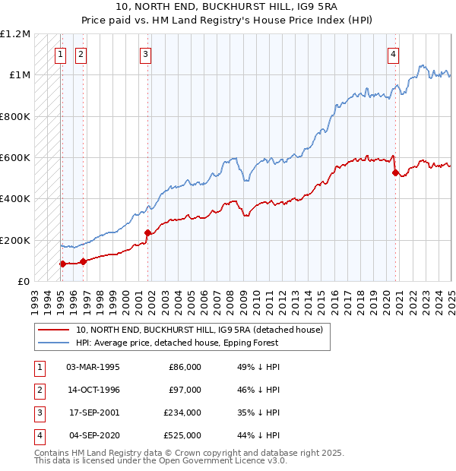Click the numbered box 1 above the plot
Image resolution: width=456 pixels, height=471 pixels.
(60, 54)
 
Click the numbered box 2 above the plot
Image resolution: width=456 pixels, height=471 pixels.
(81, 54)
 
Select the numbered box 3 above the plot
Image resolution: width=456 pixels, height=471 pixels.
(145, 54)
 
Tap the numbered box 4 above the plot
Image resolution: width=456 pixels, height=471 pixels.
(393, 54)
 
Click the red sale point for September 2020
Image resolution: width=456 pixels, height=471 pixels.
(395, 172)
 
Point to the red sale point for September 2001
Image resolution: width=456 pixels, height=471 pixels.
(147, 233)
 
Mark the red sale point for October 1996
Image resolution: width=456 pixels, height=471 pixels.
(83, 261)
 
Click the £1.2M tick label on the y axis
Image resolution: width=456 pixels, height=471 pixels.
(15, 34)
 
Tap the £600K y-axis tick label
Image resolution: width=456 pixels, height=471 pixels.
(15, 158)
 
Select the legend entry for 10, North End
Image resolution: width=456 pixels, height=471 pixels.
(199, 330)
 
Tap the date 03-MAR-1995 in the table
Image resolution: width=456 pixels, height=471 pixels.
(93, 367)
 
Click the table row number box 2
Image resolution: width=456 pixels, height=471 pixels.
(39, 390)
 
